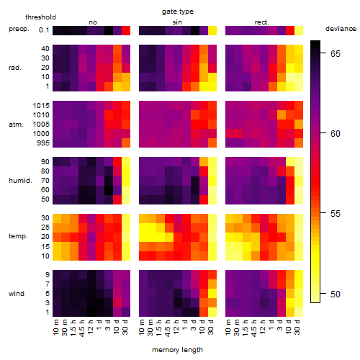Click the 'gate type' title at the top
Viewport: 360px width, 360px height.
coord(178,12)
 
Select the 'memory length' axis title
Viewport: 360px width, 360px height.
coord(177,350)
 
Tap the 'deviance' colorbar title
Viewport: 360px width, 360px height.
coord(341,29)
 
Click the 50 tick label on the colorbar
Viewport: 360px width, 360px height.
coord(336,294)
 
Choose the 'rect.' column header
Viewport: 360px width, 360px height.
coord(262,22)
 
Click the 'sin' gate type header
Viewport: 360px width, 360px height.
coord(177,22)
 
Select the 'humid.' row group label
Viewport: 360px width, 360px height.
coord(20,181)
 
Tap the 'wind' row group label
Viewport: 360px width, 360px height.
coord(17,294)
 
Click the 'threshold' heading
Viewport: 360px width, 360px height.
coord(40,17)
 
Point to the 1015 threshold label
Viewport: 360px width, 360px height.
coord(41,105)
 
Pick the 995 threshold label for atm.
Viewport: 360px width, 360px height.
coord(43,143)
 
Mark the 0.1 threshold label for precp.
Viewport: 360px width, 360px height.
coord(44,30)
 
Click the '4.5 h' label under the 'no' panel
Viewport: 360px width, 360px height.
coord(82,328)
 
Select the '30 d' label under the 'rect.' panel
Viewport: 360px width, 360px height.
coord(297,327)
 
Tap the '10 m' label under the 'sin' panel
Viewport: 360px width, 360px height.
coord(142,328)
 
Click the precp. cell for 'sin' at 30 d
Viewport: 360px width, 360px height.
coord(212,31)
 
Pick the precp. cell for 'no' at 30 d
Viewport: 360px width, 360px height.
coord(126,31)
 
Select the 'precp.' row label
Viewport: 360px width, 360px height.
coord(19,29)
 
